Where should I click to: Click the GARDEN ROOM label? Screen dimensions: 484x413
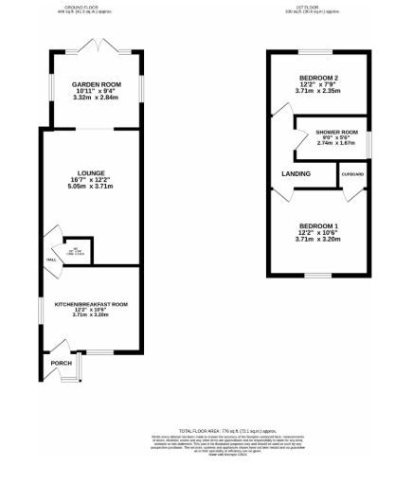pyautogui.click(x=92, y=84)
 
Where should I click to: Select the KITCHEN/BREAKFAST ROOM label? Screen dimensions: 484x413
pyautogui.click(x=91, y=304)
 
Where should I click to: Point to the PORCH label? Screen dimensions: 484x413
pyautogui.click(x=62, y=363)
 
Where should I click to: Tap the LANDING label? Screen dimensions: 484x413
pyautogui.click(x=296, y=174)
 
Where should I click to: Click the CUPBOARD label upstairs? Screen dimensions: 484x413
pyautogui.click(x=352, y=174)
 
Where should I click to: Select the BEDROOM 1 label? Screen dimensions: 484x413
pyautogui.click(x=316, y=225)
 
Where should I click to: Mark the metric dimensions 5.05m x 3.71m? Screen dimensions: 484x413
pyautogui.click(x=92, y=187)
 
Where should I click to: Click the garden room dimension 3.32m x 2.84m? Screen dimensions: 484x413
pyautogui.click(x=92, y=98)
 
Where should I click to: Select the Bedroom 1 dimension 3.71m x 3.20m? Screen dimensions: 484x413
pyautogui.click(x=316, y=240)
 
